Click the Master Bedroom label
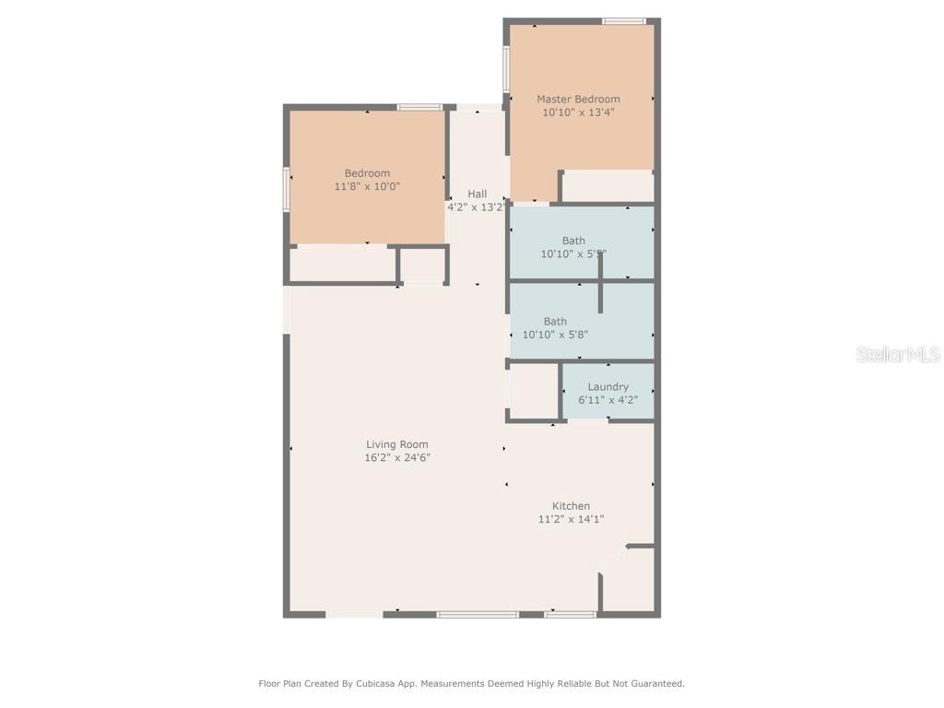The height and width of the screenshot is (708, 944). (x=578, y=99)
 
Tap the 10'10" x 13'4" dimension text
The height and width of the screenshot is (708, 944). (x=578, y=112)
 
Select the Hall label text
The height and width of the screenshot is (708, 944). (x=477, y=194)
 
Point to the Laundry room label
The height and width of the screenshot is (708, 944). (x=608, y=387)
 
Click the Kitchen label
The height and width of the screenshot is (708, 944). (x=571, y=506)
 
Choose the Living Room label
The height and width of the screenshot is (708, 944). (x=396, y=444)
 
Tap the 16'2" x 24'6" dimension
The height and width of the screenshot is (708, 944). (x=396, y=457)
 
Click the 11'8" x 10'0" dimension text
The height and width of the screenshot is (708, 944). (x=367, y=186)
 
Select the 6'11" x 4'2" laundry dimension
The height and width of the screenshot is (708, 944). (x=608, y=400)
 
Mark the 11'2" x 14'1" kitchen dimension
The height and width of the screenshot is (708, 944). (x=571, y=519)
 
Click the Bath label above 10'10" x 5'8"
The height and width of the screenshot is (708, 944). (x=555, y=322)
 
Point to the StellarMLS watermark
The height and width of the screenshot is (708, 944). (x=897, y=355)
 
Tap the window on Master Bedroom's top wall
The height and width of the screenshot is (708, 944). (x=624, y=21)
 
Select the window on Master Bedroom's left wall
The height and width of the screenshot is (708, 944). (x=506, y=69)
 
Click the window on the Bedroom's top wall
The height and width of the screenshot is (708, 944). (x=419, y=107)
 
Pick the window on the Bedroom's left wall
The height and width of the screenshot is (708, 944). (x=287, y=189)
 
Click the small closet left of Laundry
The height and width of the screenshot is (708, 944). (x=533, y=392)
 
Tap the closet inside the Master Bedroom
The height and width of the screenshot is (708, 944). (x=608, y=186)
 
